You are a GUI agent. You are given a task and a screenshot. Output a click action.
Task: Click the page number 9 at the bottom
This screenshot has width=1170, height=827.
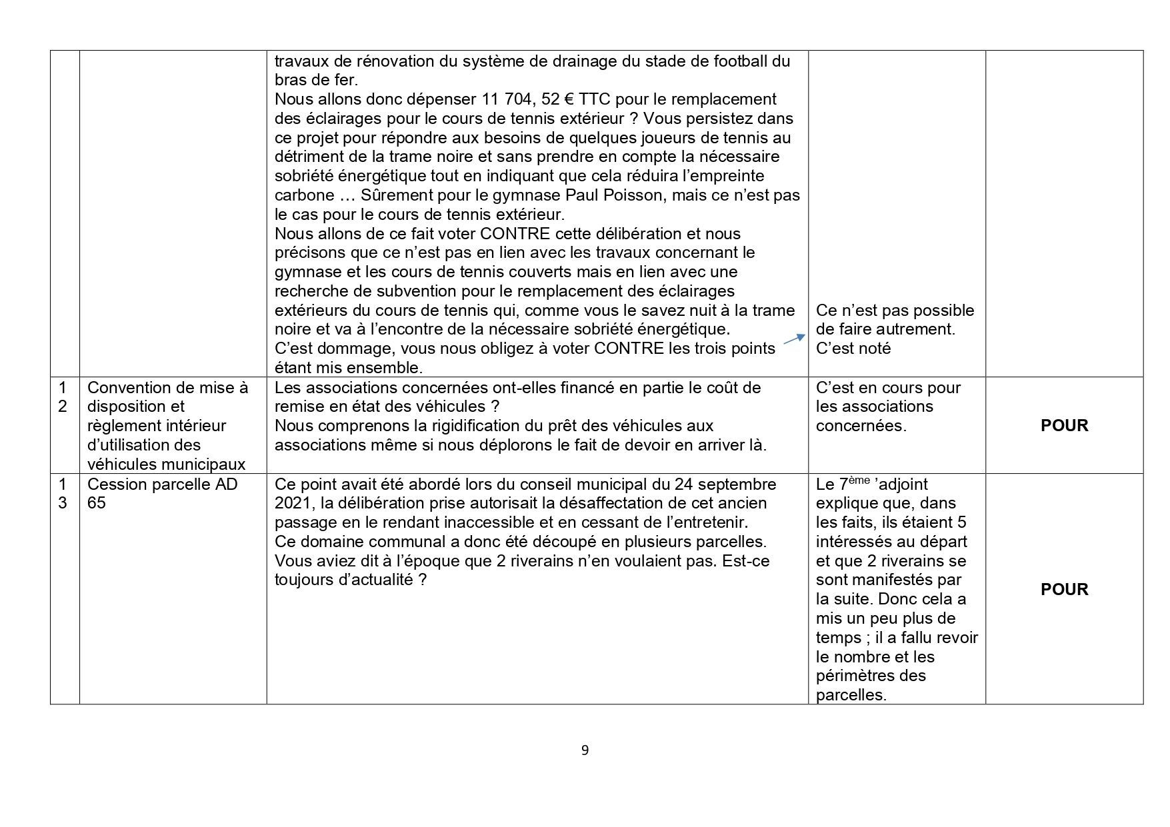[585, 750]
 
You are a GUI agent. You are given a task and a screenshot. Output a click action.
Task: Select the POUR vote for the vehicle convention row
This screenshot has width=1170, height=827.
[1064, 425]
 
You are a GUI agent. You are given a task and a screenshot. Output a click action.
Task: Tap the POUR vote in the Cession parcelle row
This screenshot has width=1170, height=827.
[1064, 589]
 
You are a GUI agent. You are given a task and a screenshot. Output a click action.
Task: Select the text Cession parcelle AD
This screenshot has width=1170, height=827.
[162, 484]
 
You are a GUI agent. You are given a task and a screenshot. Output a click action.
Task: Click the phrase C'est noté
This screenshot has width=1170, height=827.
[853, 349]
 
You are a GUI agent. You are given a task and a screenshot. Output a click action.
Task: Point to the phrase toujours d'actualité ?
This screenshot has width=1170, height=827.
[350, 580]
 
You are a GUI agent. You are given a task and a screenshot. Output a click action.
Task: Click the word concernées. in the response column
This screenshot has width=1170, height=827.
[861, 426]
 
